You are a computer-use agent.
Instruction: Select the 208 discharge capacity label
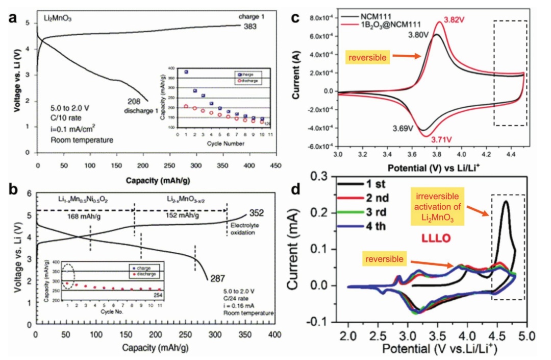point(128,102)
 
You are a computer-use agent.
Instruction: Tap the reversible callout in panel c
point(366,58)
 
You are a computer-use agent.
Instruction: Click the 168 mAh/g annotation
point(83,216)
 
